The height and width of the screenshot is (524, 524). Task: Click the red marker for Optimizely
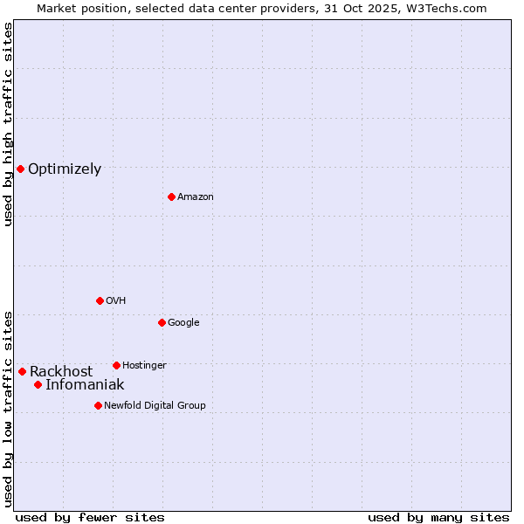20,169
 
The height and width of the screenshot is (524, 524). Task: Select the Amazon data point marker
171,196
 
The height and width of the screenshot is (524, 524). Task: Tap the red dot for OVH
100,300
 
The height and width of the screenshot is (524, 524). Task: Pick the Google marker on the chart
162,322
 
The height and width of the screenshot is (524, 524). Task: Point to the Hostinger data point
116,365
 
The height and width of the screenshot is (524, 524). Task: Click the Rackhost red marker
22,371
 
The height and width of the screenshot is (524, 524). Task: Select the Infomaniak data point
38,384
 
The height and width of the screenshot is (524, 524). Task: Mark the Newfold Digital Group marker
98,405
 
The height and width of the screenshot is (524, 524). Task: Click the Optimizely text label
65,169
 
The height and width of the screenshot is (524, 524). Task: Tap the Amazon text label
196,197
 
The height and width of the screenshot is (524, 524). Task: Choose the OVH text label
116,301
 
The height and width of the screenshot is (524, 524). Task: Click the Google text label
183,323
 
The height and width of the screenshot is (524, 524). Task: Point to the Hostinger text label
144,366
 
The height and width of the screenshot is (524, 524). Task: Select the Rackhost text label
61,372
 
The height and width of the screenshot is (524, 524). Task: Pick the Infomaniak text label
85,385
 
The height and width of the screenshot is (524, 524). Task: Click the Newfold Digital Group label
155,406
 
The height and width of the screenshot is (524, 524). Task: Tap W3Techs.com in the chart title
450,8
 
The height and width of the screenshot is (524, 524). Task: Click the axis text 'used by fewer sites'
90,517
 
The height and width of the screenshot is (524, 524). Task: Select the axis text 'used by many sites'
438,517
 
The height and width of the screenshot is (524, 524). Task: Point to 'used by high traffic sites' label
8,124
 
